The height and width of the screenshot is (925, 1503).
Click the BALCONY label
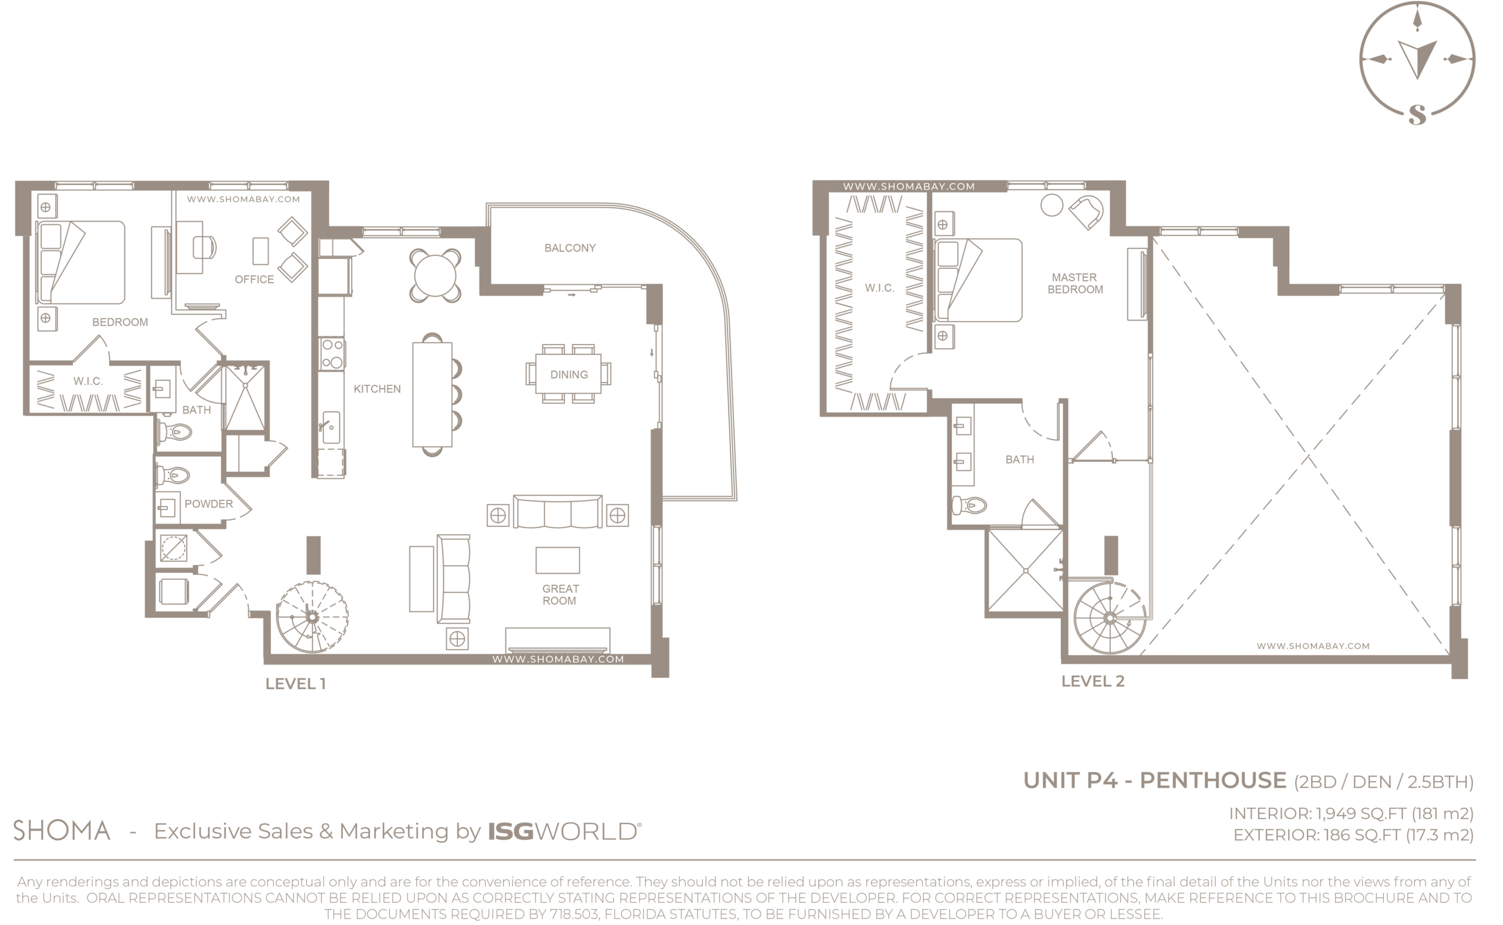569,248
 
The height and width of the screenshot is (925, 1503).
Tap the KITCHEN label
377,389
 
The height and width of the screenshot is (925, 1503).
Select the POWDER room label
208,504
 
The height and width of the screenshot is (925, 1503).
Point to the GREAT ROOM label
560,595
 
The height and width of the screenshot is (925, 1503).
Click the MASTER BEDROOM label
1075,283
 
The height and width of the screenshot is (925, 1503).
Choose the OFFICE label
255,279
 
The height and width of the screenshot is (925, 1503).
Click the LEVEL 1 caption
295,684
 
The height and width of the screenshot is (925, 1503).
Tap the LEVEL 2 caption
1093,681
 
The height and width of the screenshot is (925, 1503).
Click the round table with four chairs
435,275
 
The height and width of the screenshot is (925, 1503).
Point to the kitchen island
432,394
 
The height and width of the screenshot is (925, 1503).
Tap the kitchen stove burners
332,353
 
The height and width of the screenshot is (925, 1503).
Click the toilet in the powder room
173,475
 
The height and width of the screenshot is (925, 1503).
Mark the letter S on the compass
1417,114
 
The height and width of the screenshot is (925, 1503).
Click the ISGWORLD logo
564,832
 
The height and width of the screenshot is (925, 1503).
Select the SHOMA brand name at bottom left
62,831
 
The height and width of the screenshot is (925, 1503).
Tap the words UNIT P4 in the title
1071,781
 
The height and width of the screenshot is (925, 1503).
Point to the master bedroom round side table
1052,205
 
